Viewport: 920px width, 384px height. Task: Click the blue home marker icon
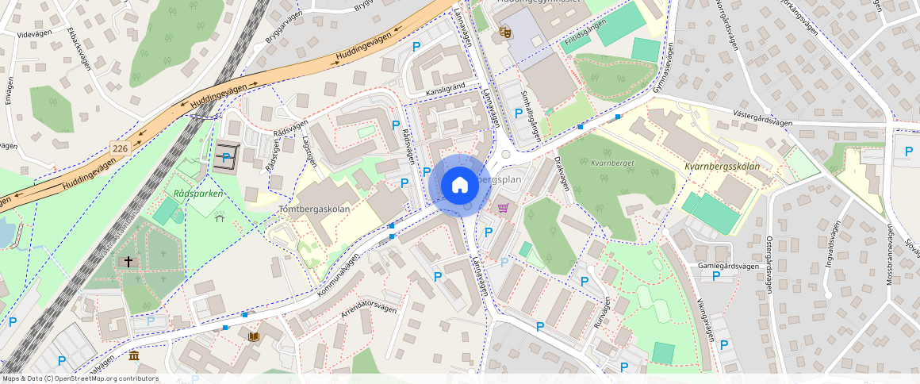(459, 186)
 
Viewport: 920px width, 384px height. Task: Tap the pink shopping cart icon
(503, 208)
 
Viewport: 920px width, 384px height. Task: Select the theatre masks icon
(503, 33)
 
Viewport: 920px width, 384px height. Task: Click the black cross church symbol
(128, 260)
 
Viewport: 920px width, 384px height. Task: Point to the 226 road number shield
(121, 148)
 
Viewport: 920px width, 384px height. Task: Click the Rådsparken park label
(198, 193)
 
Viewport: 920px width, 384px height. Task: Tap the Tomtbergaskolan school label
(315, 209)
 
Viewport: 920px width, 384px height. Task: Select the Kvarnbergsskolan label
(722, 167)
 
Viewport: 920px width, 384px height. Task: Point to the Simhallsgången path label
(530, 117)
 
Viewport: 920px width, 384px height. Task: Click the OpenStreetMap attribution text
(80, 378)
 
